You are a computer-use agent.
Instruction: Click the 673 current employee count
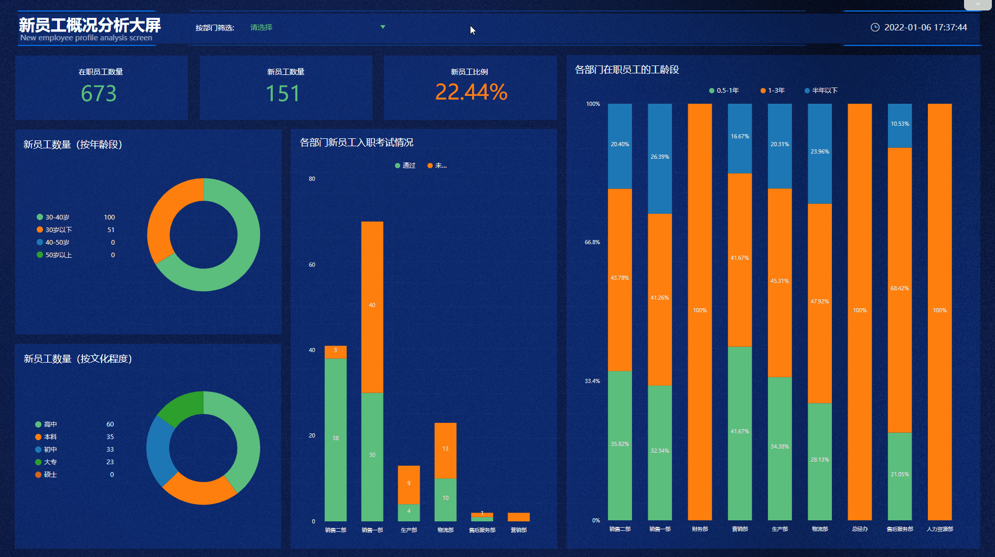[99, 93]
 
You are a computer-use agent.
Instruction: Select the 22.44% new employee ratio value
[471, 92]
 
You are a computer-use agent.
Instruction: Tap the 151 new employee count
[283, 93]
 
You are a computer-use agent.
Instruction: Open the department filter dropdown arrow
[383, 27]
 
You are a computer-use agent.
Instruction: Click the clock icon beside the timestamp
[875, 27]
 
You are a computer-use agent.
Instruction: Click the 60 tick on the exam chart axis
[312, 265]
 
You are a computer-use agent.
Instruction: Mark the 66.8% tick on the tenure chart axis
[592, 242]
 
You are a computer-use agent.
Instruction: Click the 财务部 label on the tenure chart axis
[700, 529]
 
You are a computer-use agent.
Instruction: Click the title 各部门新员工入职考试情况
[356, 143]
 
